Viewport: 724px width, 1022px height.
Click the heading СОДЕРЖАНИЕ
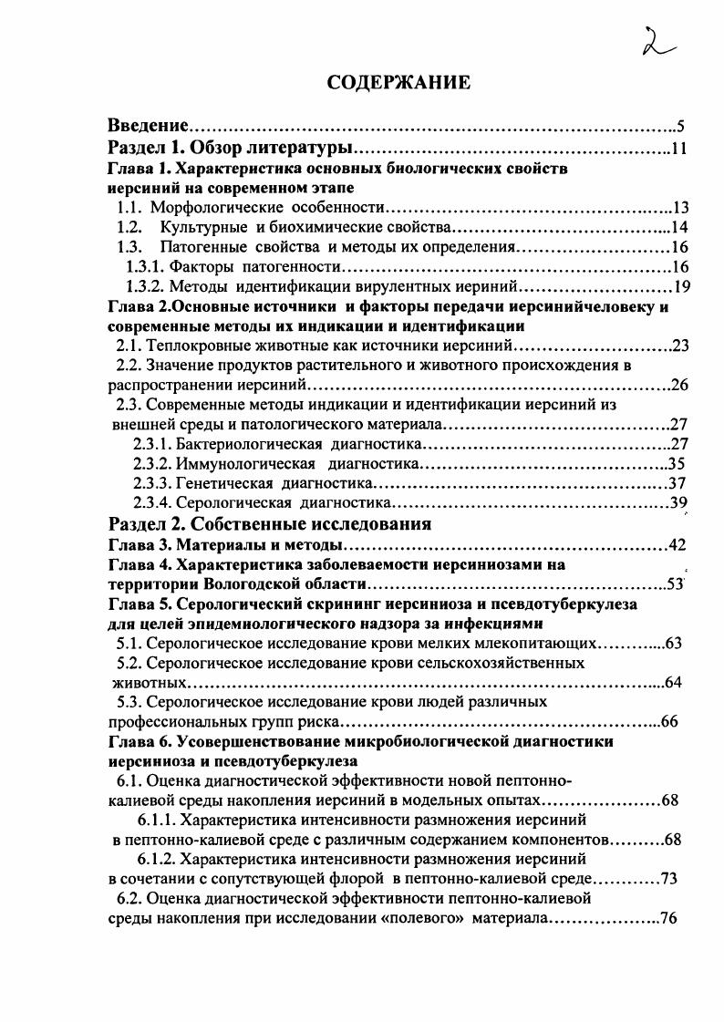point(398,83)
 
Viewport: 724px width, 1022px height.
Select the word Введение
point(149,125)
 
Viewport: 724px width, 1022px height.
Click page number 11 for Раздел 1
point(678,148)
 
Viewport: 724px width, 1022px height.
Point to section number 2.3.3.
point(152,484)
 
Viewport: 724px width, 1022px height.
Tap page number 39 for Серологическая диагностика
point(677,503)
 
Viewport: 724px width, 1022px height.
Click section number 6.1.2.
point(157,859)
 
